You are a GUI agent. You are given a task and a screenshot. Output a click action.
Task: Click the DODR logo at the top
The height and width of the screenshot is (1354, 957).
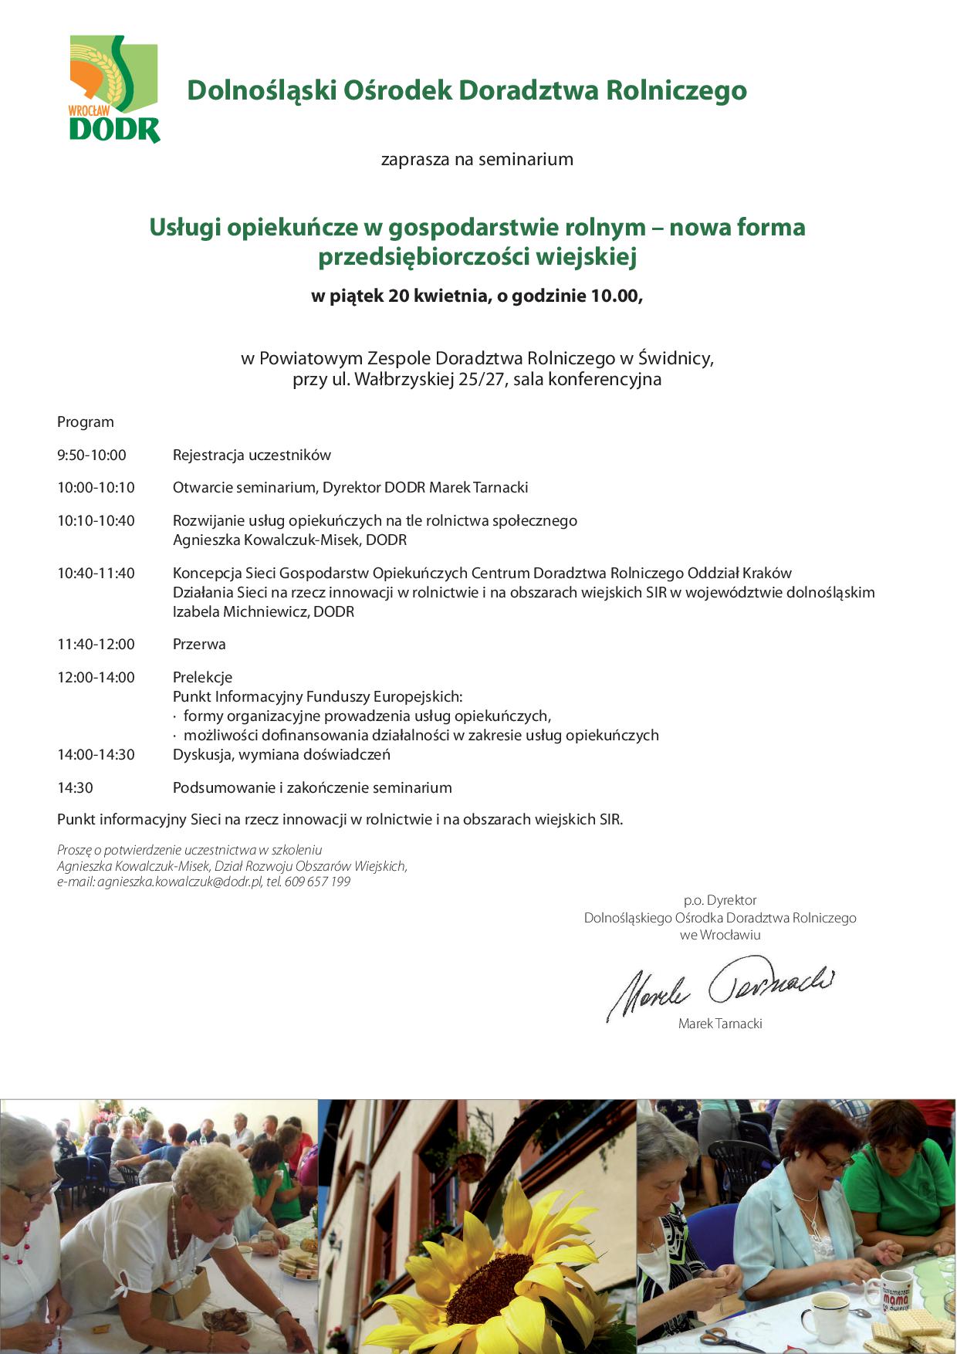click(x=114, y=90)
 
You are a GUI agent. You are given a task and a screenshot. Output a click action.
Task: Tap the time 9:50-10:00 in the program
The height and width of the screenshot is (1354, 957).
click(x=92, y=455)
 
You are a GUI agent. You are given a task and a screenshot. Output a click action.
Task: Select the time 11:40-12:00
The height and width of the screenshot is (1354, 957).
click(x=96, y=645)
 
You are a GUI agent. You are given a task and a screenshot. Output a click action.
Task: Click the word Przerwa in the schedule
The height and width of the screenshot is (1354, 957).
click(x=199, y=645)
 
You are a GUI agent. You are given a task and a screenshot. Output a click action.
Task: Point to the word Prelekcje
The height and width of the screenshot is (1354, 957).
click(x=202, y=678)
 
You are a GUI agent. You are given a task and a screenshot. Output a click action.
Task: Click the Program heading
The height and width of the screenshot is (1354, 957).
click(x=85, y=422)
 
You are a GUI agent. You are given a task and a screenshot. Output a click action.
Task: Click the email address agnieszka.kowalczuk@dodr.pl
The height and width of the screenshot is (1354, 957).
click(x=180, y=882)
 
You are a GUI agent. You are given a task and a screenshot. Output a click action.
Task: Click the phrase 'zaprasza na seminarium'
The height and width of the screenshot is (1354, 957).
click(x=477, y=160)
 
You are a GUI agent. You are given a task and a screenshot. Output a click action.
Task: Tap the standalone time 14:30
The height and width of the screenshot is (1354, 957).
click(x=75, y=788)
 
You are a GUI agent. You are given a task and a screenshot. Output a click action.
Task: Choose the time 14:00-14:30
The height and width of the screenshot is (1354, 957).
click(x=96, y=755)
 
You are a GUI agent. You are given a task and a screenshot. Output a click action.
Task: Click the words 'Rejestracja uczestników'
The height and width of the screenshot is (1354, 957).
click(x=252, y=455)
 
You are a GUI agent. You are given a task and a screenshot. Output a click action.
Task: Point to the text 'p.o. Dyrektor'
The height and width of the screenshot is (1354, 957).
click(x=720, y=900)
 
